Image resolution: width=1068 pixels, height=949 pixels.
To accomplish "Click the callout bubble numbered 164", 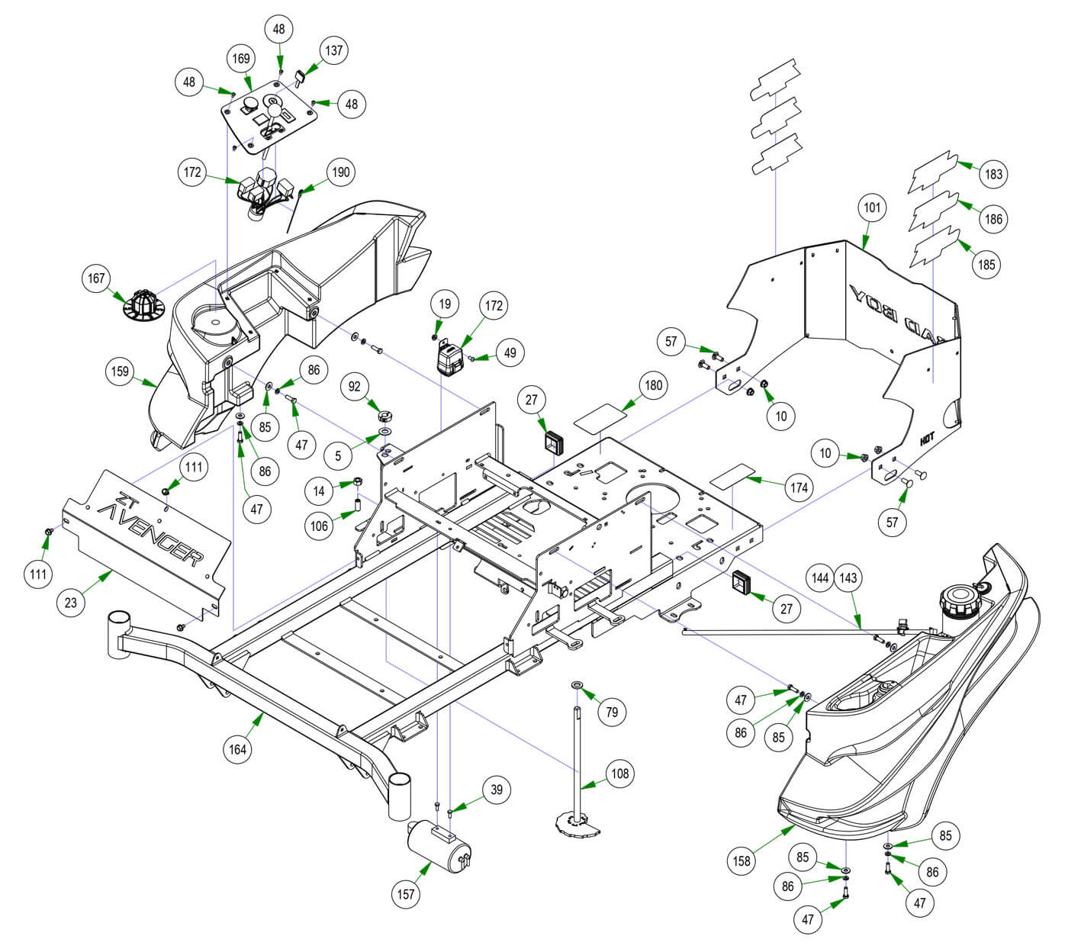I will (238, 749).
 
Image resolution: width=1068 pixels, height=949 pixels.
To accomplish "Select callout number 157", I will (407, 893).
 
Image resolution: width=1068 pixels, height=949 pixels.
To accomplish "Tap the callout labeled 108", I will (620, 774).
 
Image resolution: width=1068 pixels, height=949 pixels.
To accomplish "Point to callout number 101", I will (872, 207).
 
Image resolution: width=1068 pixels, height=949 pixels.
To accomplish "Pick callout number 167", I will (97, 278).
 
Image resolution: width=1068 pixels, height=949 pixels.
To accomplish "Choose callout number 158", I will (741, 861).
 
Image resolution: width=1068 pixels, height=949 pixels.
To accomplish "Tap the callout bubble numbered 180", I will (654, 385).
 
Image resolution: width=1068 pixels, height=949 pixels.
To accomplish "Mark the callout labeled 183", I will (993, 174).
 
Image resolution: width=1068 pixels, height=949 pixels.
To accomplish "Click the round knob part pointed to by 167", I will (143, 303).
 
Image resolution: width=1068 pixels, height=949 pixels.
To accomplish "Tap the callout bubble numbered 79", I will (611, 712).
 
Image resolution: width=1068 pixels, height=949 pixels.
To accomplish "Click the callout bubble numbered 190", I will (340, 172).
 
